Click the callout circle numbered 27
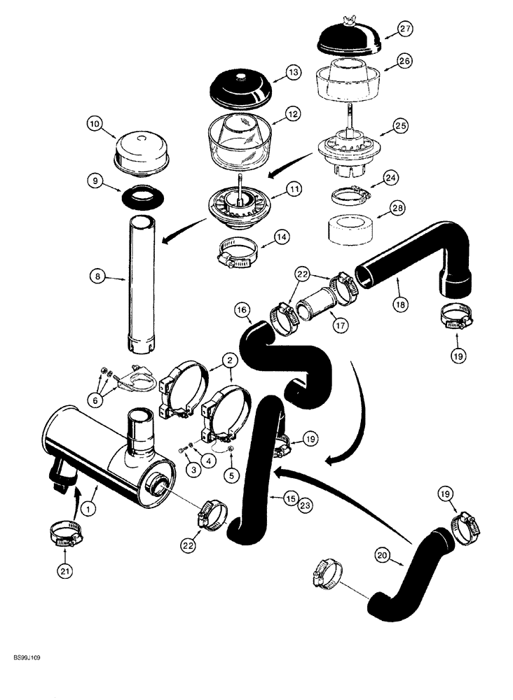click(405, 29)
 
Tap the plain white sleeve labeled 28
click(348, 230)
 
